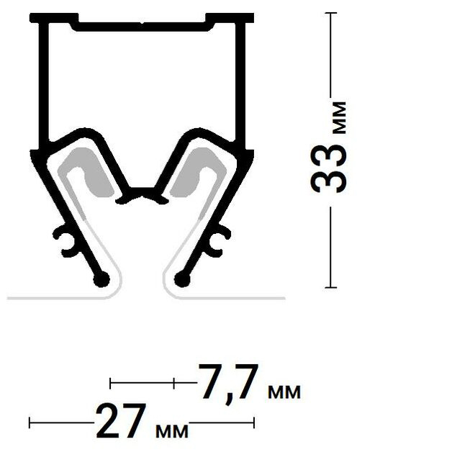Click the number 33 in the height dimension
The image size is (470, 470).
(x=328, y=168)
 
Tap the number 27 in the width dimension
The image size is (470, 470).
(x=121, y=421)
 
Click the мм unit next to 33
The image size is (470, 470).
(x=340, y=117)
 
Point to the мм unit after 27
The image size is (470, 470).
(x=172, y=431)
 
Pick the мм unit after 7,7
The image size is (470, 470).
(x=284, y=392)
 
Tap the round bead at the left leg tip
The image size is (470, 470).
(x=101, y=280)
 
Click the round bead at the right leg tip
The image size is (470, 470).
(x=182, y=280)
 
